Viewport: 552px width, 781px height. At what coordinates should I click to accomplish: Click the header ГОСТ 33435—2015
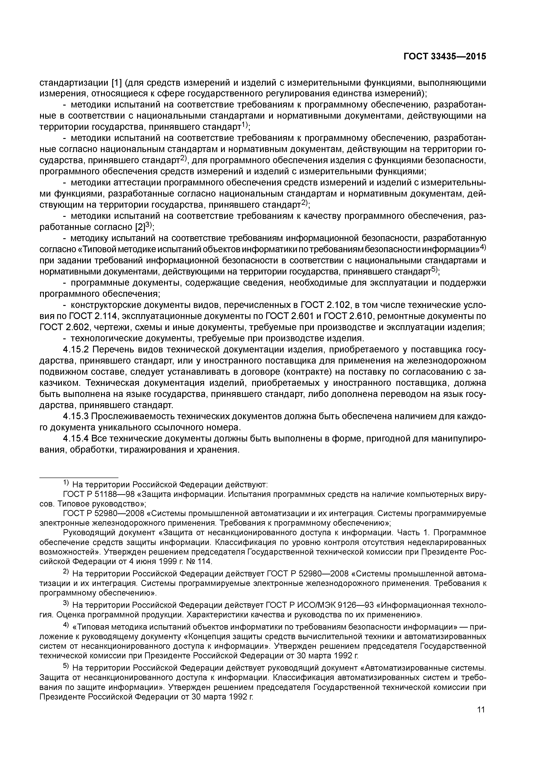click(x=444, y=57)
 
